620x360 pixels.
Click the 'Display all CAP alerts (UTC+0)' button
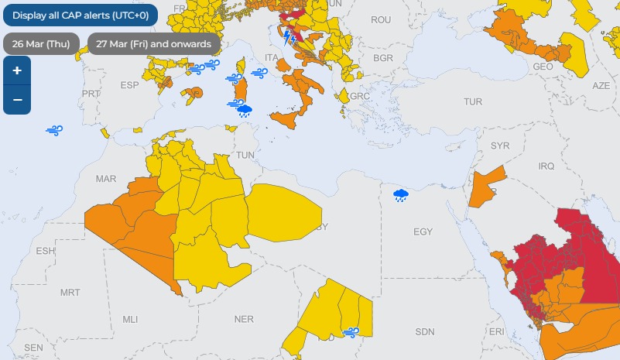pyautogui.click(x=80, y=15)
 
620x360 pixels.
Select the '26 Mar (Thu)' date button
pyautogui.click(x=41, y=43)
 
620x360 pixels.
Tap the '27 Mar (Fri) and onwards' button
pyautogui.click(x=153, y=43)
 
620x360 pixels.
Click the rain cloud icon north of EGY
pyautogui.click(x=401, y=195)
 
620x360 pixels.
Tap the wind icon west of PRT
pyautogui.click(x=54, y=131)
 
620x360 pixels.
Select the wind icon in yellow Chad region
pyautogui.click(x=351, y=332)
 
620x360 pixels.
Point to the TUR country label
pyautogui.click(x=472, y=102)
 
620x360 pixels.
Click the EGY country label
pyautogui.click(x=423, y=231)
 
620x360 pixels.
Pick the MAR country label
pyautogui.click(x=105, y=179)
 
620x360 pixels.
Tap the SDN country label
pyautogui.click(x=425, y=331)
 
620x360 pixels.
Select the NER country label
pyautogui.click(x=244, y=319)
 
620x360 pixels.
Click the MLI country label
pyautogui.click(x=130, y=319)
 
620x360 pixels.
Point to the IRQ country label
pyautogui.click(x=546, y=166)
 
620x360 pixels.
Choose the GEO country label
pyautogui.click(x=543, y=67)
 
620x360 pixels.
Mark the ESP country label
pyautogui.click(x=128, y=84)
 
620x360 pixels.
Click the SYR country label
pyautogui.click(x=500, y=146)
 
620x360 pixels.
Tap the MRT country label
pyautogui.click(x=70, y=293)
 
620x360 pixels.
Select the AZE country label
pyautogui.click(x=601, y=85)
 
